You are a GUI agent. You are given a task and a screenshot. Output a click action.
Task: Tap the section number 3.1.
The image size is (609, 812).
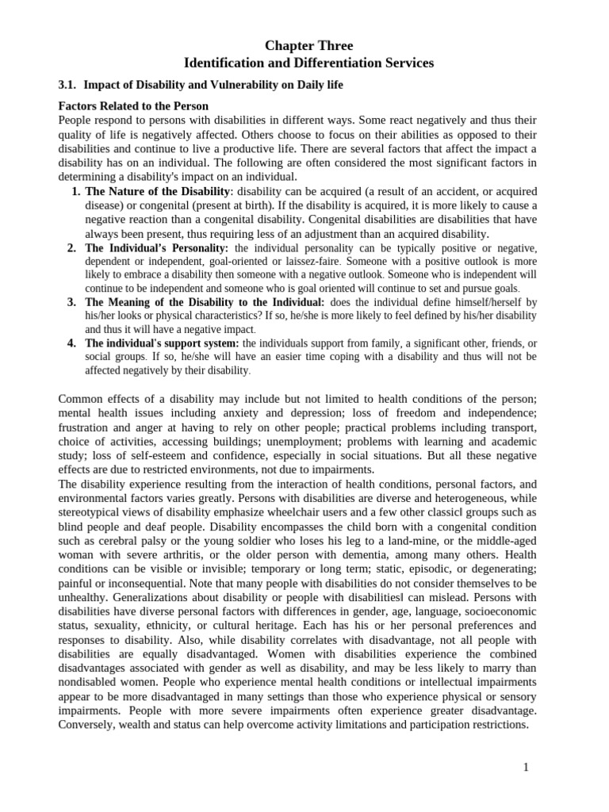point(68,85)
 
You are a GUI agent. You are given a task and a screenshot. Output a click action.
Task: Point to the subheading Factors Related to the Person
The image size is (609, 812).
point(133,106)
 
